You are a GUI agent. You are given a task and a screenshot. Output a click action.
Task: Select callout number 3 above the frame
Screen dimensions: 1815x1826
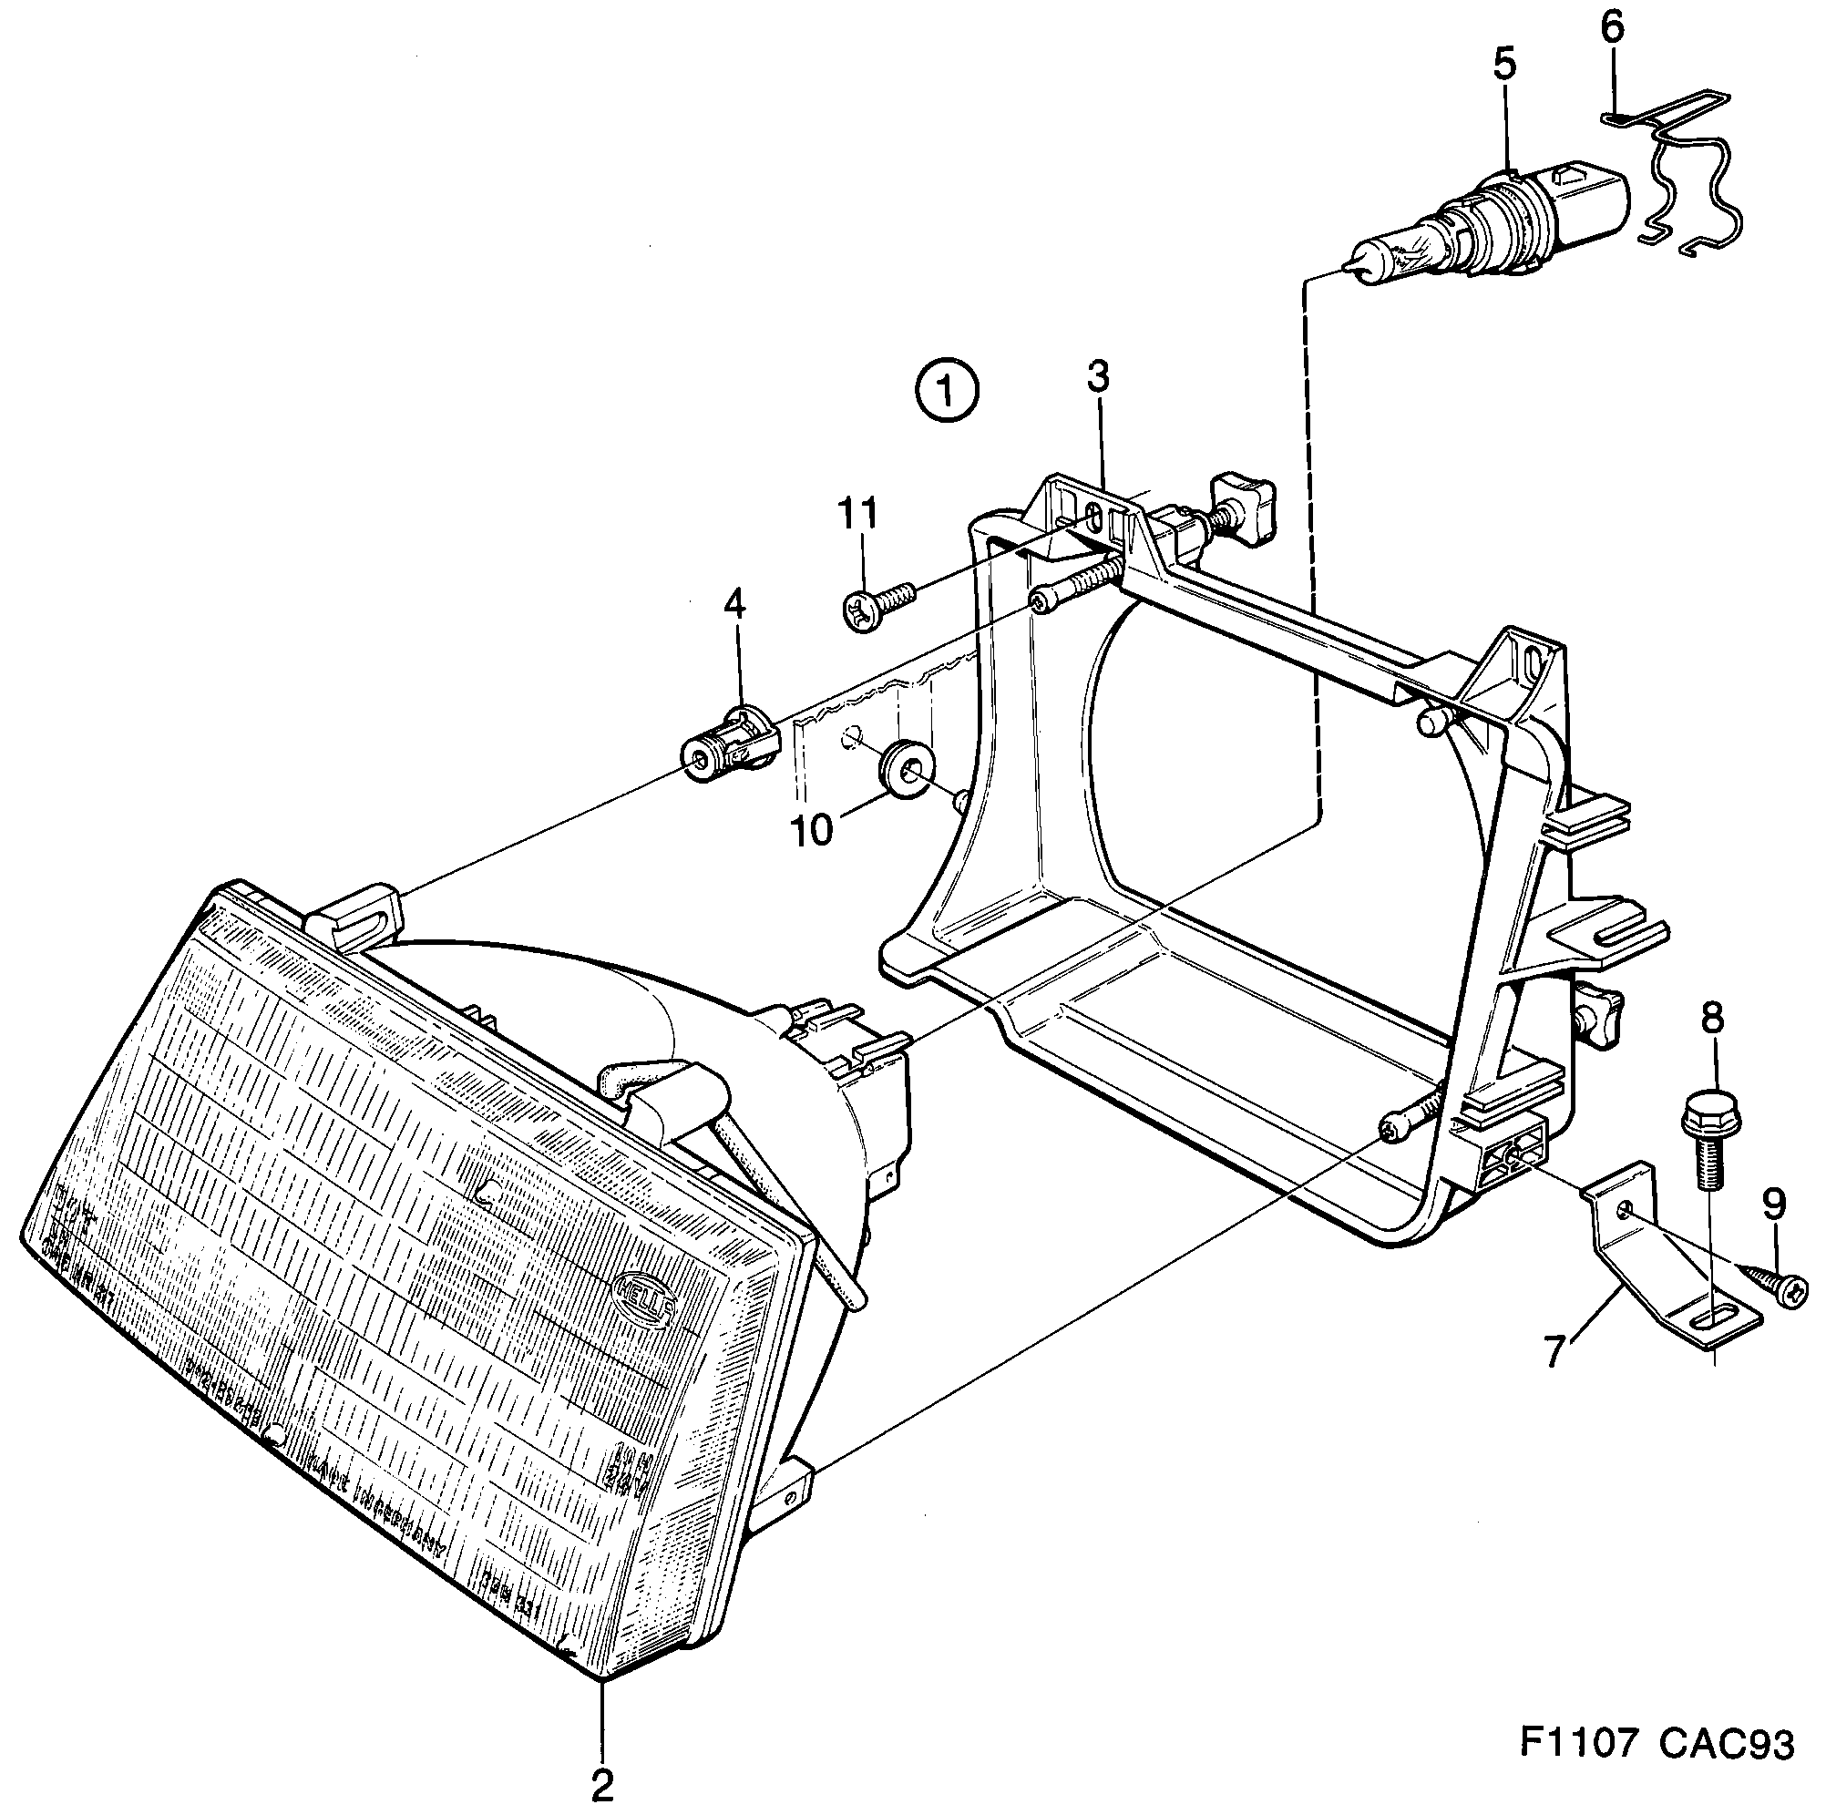click(x=1096, y=376)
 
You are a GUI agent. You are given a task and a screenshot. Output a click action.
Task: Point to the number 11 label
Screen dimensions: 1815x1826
click(x=858, y=513)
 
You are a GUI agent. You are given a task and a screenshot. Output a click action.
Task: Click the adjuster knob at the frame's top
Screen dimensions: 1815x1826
click(x=1246, y=511)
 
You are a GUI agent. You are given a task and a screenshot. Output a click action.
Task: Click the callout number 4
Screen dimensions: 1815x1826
click(x=734, y=602)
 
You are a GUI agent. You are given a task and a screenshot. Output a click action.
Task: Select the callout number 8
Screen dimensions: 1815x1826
click(x=1710, y=1018)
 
